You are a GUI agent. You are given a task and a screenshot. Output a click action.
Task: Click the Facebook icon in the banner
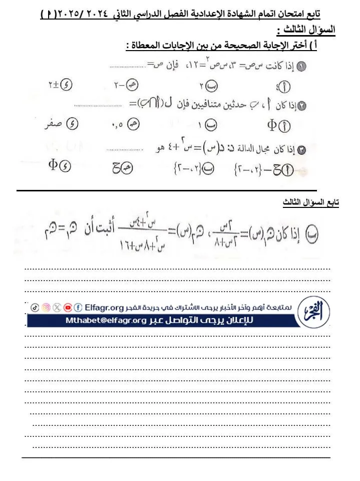[79, 307]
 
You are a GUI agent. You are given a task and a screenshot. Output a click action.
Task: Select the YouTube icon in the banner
[68, 307]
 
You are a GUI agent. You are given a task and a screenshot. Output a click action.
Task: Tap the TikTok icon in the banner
[34, 307]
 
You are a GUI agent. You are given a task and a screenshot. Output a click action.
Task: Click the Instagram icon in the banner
[46, 307]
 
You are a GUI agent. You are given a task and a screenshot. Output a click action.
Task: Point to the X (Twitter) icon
[57, 307]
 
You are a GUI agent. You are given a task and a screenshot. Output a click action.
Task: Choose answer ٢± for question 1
[61, 85]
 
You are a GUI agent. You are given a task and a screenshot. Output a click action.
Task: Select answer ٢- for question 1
[126, 85]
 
